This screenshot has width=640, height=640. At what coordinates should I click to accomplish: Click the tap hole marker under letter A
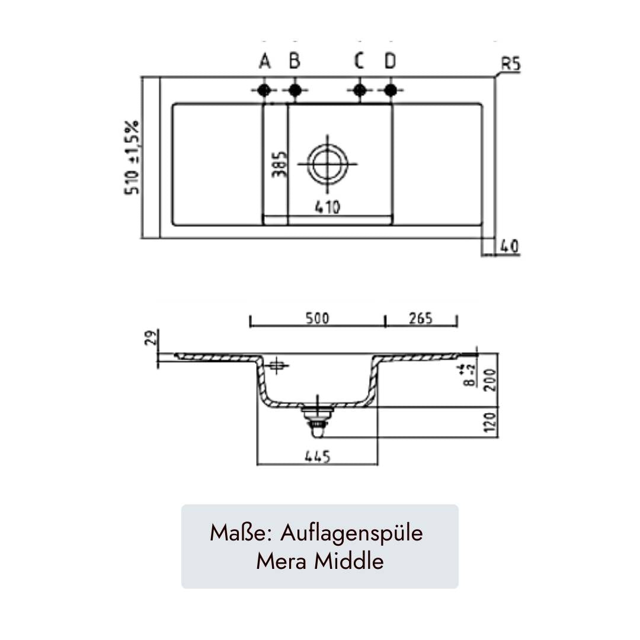[264, 90]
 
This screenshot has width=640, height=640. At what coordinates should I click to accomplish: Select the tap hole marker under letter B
[295, 90]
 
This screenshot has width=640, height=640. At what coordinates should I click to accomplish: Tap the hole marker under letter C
[359, 90]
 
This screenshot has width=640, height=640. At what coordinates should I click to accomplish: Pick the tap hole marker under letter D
[389, 90]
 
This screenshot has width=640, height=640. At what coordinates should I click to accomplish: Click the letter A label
[264, 61]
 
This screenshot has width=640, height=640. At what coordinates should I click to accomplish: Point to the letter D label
[389, 61]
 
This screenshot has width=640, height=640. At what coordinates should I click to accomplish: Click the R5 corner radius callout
[510, 65]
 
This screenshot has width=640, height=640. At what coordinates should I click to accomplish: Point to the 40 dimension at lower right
[509, 246]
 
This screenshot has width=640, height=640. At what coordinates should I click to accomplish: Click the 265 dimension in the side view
[421, 318]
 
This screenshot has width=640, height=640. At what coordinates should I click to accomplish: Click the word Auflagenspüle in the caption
[352, 533]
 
